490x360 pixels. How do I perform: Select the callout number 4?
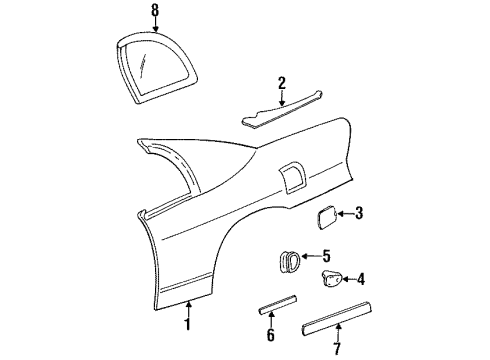tap(360, 280)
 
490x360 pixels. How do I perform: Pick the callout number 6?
tap(269, 336)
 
